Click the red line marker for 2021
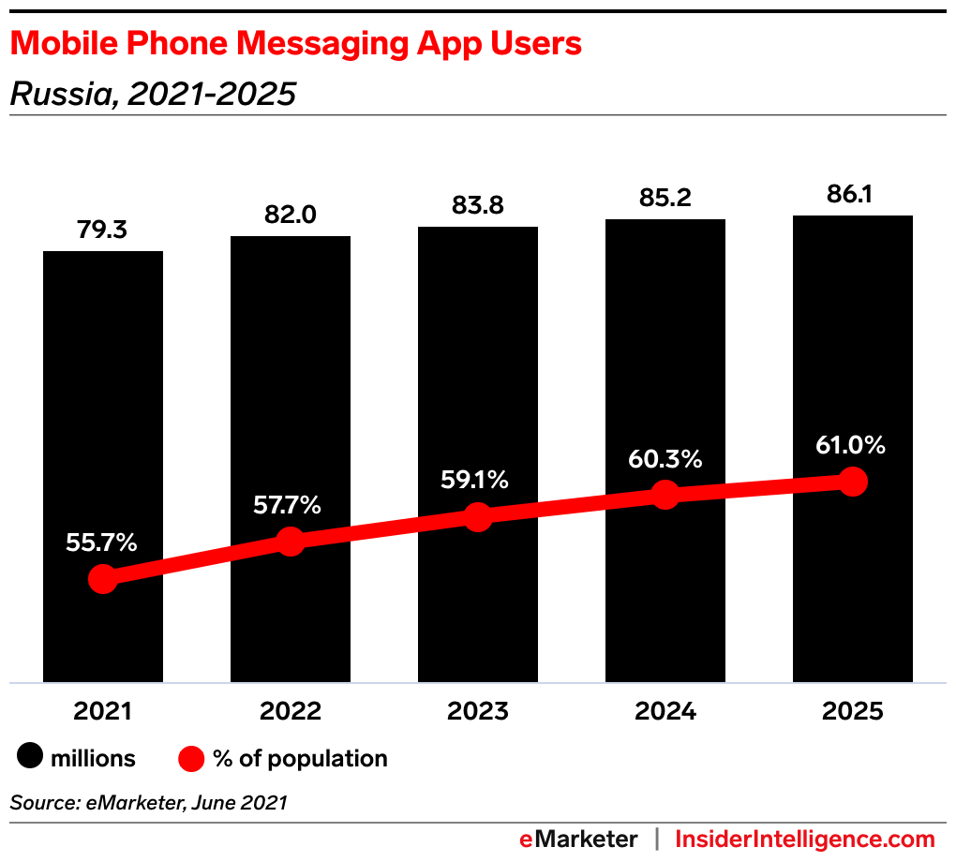click(x=103, y=579)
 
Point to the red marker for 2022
click(x=291, y=541)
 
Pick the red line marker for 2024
click(x=665, y=495)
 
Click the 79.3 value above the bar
click(x=103, y=230)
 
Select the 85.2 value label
click(x=665, y=199)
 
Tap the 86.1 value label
click(x=853, y=195)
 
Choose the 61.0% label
click(x=851, y=446)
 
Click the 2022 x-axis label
click(x=291, y=712)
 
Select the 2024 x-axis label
click(x=665, y=712)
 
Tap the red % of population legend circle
click(x=191, y=758)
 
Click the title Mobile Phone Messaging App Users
click(x=296, y=44)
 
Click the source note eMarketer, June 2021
click(x=148, y=803)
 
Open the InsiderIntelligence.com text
click(x=805, y=839)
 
